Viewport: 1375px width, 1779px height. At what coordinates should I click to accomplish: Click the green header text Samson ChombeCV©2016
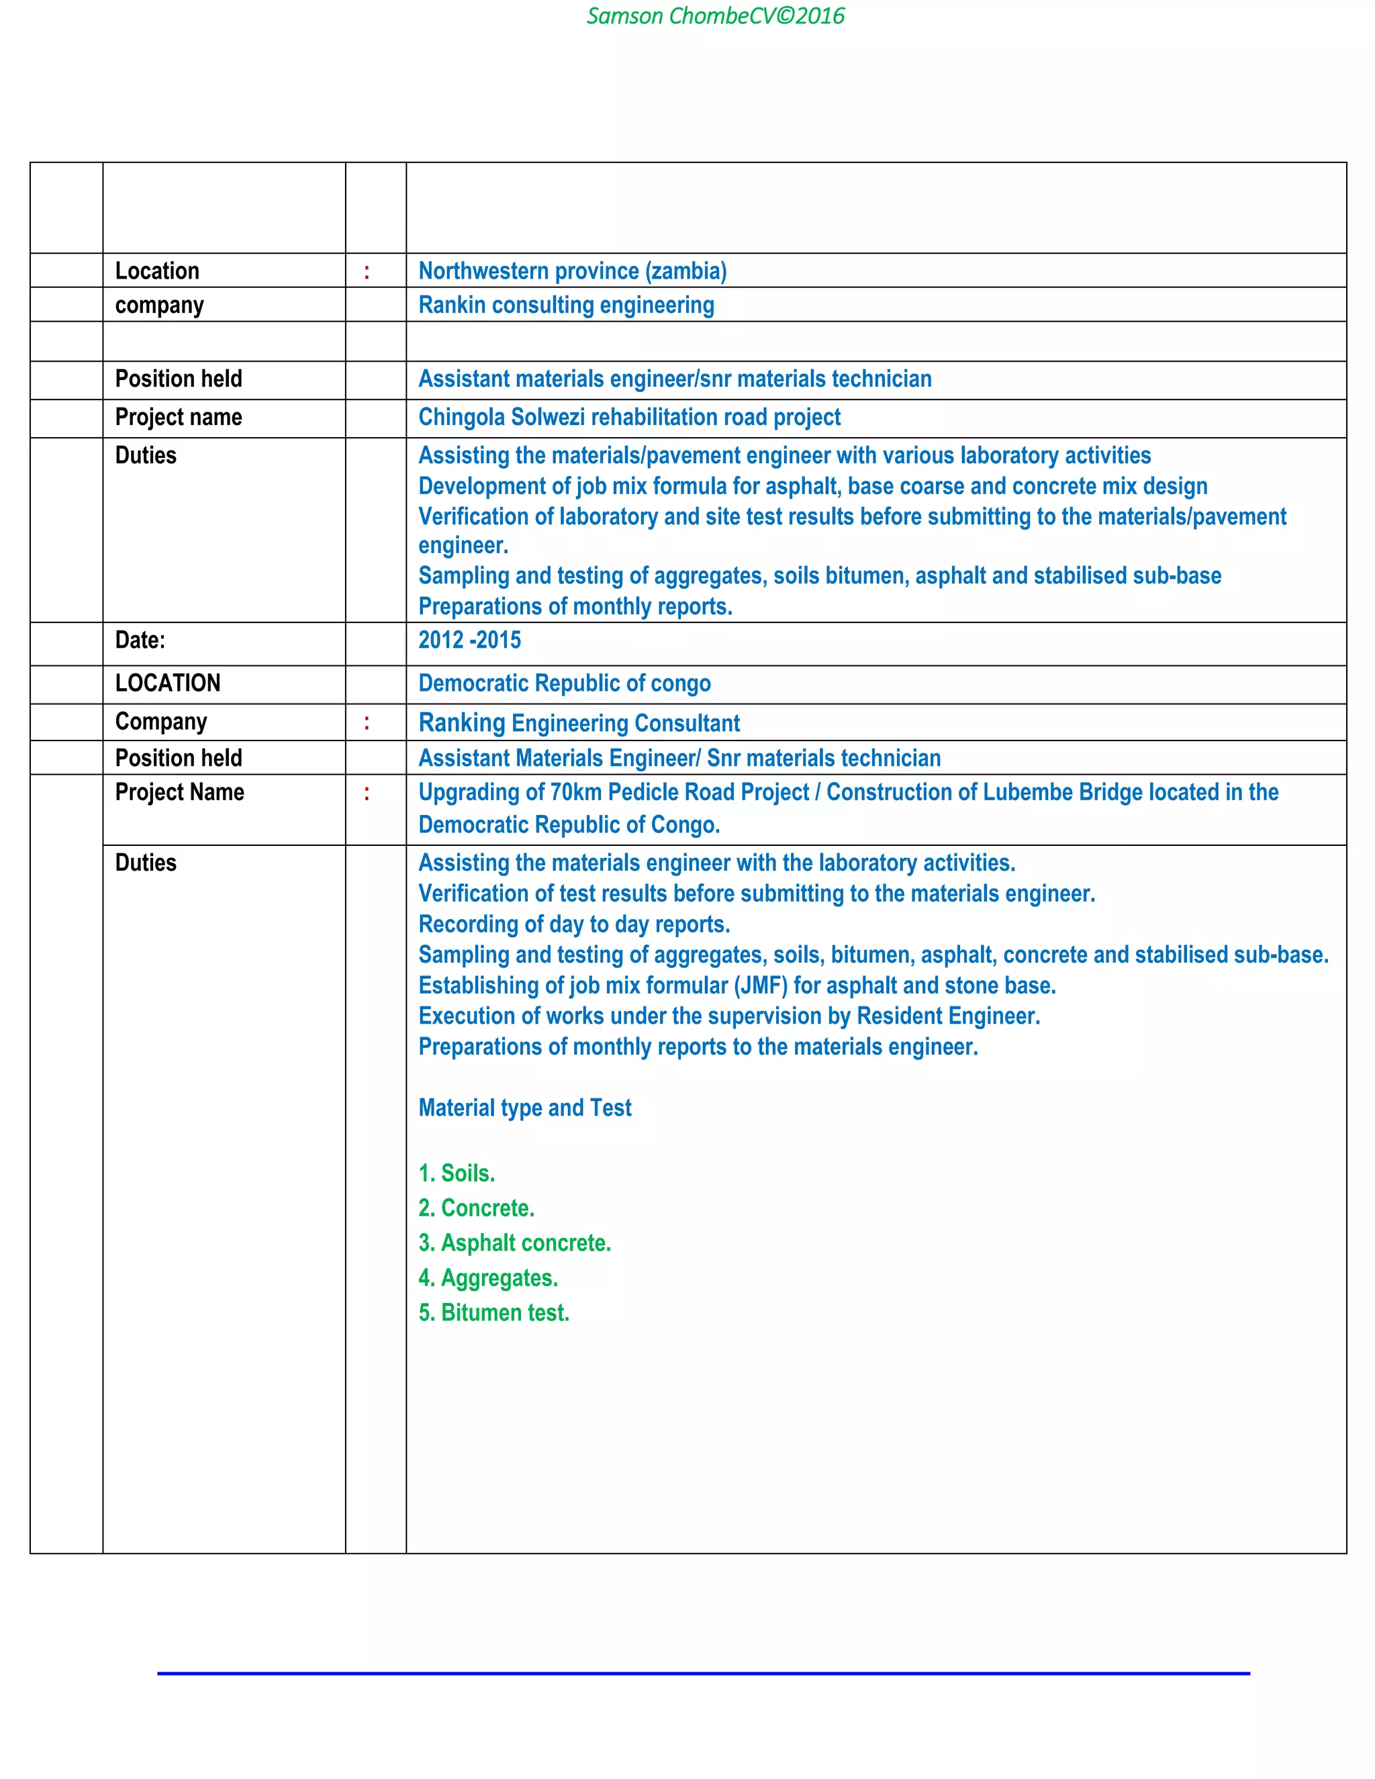click(715, 16)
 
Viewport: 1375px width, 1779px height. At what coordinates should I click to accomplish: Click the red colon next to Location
click(367, 272)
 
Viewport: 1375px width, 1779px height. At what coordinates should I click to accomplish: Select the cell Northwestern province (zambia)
click(572, 271)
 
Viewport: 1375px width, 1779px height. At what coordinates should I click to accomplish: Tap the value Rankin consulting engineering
click(566, 305)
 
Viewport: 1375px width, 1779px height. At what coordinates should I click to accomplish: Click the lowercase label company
click(159, 305)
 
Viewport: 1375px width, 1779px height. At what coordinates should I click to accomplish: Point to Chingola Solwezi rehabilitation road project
click(629, 417)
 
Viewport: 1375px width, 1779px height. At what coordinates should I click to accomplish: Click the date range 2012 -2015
click(469, 640)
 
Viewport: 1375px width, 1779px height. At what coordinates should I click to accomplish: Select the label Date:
click(140, 640)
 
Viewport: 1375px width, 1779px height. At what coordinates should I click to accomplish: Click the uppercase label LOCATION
click(168, 683)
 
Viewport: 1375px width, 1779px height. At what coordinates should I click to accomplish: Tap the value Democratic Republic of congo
click(564, 683)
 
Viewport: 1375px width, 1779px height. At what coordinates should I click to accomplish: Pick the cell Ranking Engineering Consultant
click(578, 723)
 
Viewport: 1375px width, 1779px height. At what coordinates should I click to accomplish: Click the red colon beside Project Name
click(367, 794)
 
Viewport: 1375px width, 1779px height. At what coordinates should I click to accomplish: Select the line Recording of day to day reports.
click(573, 924)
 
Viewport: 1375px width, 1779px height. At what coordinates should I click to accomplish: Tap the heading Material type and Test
click(524, 1108)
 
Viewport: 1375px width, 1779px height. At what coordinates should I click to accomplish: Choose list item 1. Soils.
click(456, 1173)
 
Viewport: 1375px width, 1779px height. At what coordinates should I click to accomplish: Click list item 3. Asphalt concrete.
click(514, 1243)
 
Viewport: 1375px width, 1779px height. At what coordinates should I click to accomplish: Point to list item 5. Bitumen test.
click(493, 1313)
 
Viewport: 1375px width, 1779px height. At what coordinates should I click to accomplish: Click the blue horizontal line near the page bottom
click(703, 1674)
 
